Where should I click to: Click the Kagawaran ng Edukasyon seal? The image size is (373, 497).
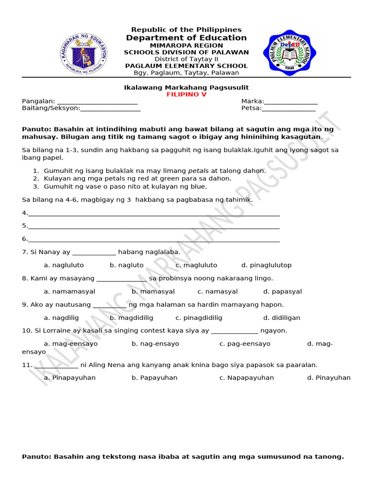83,54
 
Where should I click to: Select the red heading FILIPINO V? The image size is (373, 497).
186,95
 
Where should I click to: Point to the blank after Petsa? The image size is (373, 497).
288,109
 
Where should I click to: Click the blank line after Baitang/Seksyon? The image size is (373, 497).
110,109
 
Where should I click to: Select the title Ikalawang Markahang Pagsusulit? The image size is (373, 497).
186,87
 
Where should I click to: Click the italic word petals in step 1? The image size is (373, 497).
199,171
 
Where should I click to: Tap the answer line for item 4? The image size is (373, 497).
153,214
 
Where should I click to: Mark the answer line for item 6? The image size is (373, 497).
153,240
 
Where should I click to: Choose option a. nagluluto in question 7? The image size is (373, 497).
64,265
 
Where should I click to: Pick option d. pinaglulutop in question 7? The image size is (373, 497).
266,265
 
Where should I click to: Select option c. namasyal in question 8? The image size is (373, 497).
218,291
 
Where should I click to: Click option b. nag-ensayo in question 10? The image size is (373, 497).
155,344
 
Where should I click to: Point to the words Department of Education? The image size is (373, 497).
186,38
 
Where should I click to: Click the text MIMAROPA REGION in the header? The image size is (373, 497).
186,45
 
